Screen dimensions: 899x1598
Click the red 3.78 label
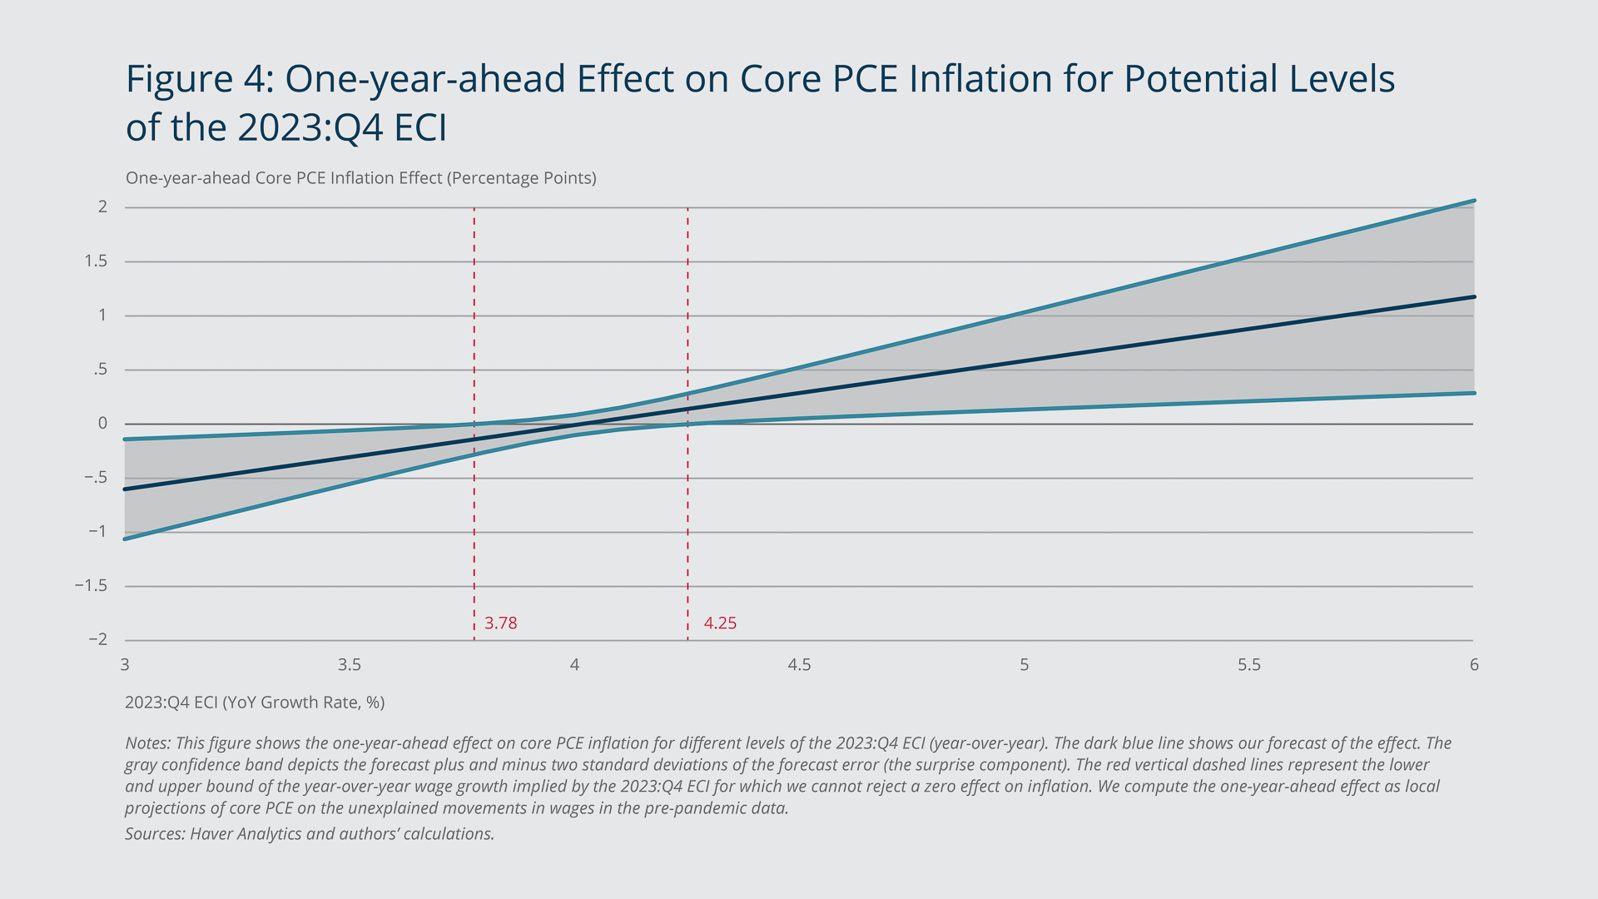(x=500, y=623)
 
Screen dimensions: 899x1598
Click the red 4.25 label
(x=720, y=623)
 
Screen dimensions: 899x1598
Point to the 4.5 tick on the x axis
(x=799, y=665)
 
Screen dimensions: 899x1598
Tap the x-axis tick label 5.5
(x=1248, y=665)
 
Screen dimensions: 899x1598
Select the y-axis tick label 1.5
(x=96, y=261)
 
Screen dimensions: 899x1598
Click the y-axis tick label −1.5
(x=91, y=586)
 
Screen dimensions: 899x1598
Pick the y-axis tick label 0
(x=102, y=424)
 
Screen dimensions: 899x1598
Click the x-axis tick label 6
(x=1474, y=665)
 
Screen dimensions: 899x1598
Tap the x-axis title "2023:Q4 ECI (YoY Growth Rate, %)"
(x=255, y=703)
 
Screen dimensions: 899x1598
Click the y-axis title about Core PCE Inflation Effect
(x=360, y=178)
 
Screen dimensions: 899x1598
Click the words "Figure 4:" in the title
(x=200, y=79)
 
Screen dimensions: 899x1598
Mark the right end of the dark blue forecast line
(x=1474, y=296)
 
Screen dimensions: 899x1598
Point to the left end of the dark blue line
(x=126, y=489)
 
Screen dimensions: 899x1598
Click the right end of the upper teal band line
(x=1474, y=201)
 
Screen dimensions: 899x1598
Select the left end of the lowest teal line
(x=126, y=539)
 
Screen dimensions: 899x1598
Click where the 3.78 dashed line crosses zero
(x=474, y=424)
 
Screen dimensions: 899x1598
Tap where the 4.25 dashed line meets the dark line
(x=687, y=409)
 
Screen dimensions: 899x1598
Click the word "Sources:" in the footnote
(x=155, y=834)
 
